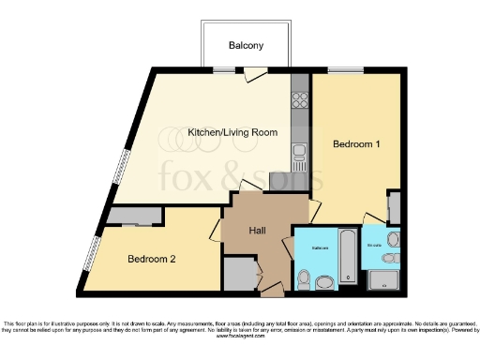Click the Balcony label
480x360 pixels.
pos(247,45)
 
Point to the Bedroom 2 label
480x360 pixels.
pos(153,258)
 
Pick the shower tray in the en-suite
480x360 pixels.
pos(384,279)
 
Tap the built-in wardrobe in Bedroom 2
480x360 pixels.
pos(134,217)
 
